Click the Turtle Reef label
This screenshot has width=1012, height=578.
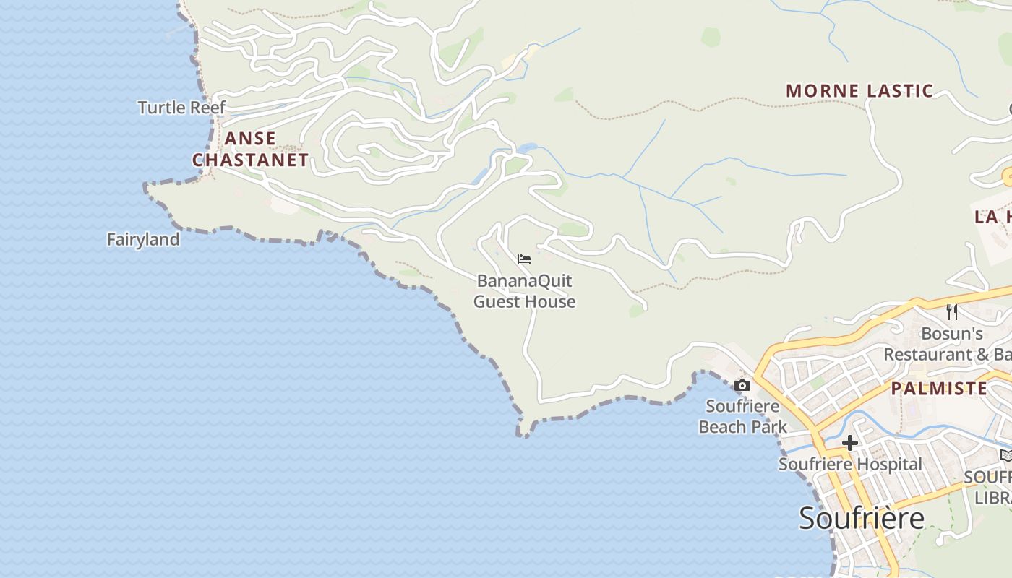[x=181, y=108]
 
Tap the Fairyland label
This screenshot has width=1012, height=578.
[x=143, y=239]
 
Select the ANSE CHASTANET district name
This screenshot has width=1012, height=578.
[x=250, y=149]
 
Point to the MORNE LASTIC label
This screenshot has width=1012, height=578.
[x=859, y=91]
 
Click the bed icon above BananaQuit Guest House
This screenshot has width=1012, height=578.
[x=524, y=259]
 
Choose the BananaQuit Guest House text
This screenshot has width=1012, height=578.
[x=524, y=291]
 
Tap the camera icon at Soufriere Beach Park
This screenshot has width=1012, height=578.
[x=742, y=385]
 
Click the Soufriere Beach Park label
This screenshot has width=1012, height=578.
[x=742, y=416]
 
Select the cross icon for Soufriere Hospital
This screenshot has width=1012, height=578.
[x=849, y=442]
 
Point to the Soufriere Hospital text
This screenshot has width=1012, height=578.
[x=850, y=464]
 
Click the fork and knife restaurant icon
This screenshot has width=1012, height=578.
[x=952, y=311]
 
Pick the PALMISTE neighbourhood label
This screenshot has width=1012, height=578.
[x=939, y=389]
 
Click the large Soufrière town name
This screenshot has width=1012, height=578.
[x=862, y=518]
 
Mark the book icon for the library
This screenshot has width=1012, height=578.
[x=1006, y=455]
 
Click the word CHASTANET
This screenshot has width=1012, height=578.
[x=250, y=160]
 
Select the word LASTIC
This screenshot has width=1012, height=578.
[x=896, y=91]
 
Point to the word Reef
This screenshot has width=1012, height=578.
[x=209, y=108]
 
